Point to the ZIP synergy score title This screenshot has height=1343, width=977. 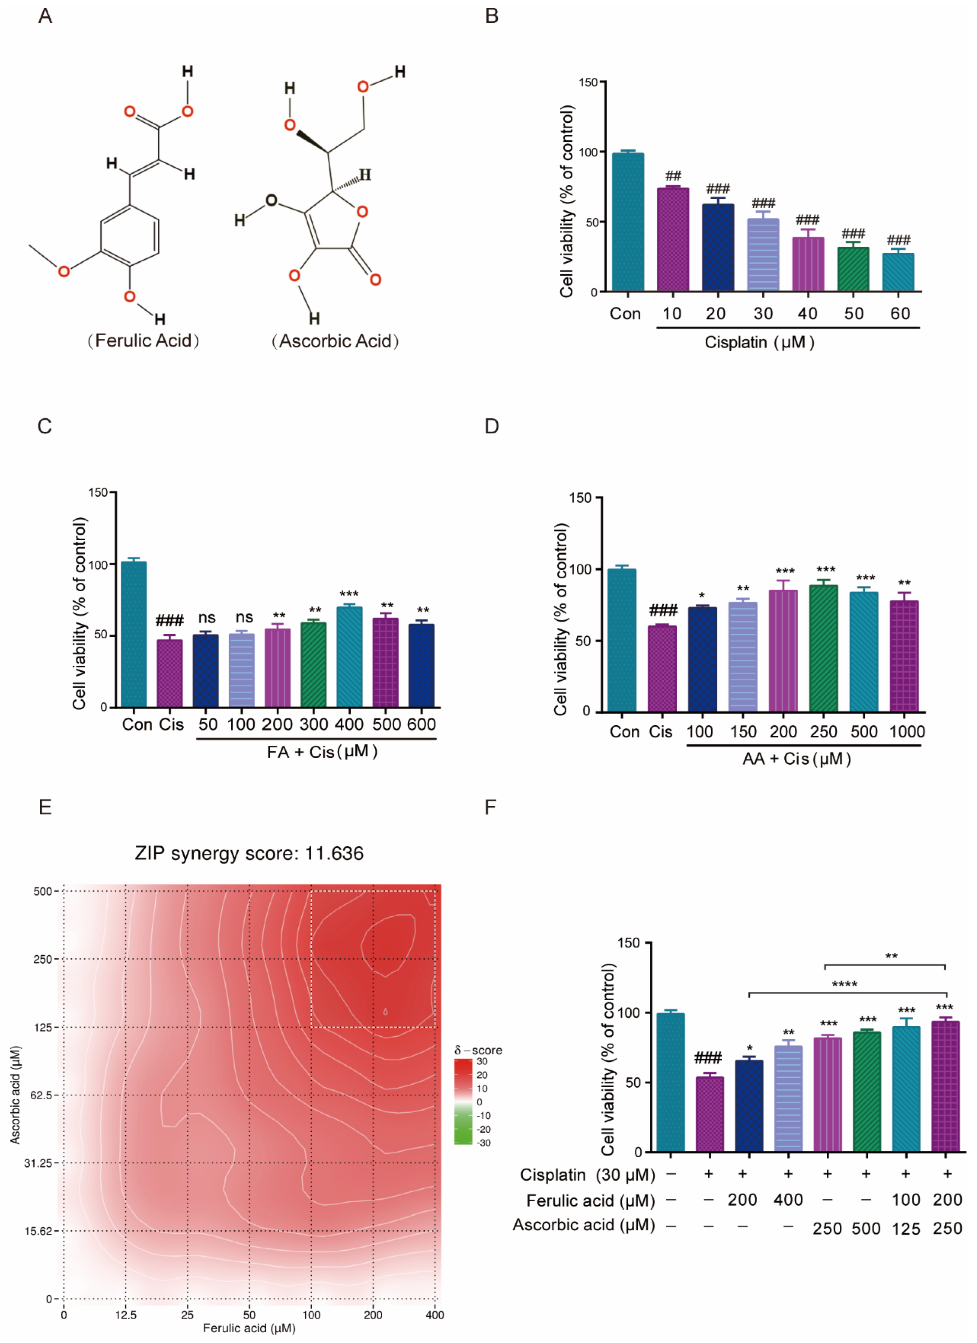(249, 853)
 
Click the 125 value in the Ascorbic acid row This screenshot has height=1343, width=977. (906, 1229)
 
